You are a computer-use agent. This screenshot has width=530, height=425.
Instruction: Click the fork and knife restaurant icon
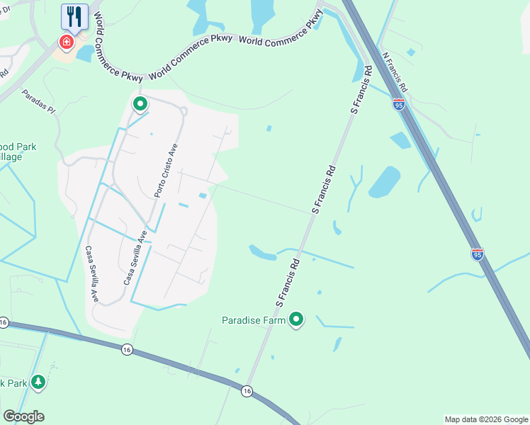click(x=74, y=16)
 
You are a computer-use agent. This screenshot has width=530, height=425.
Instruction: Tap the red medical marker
click(x=67, y=42)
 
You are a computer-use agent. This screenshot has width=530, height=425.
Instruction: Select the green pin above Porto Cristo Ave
click(x=140, y=105)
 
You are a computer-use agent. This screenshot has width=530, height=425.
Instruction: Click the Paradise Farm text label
click(x=254, y=320)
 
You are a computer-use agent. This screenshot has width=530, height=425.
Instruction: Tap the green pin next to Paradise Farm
click(x=296, y=321)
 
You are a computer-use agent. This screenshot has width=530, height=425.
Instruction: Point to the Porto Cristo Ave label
click(x=166, y=171)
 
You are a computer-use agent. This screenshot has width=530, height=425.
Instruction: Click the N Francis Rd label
click(x=395, y=72)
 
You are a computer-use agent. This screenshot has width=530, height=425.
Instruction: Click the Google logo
click(x=23, y=416)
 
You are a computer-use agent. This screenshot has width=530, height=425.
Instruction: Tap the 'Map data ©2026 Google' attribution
click(x=485, y=419)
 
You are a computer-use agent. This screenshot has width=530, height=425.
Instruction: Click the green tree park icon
click(x=38, y=383)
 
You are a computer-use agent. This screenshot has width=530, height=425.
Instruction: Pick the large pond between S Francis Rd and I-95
click(x=384, y=181)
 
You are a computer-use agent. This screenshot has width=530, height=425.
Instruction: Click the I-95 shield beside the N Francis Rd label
click(x=399, y=105)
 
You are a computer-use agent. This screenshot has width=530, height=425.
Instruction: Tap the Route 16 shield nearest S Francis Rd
click(x=247, y=391)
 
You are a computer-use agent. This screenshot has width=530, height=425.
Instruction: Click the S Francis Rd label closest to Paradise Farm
click(x=288, y=282)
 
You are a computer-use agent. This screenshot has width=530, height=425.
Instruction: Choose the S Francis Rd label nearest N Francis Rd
click(x=361, y=90)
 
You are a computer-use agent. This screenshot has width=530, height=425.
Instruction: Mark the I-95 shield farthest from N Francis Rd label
click(x=478, y=253)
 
